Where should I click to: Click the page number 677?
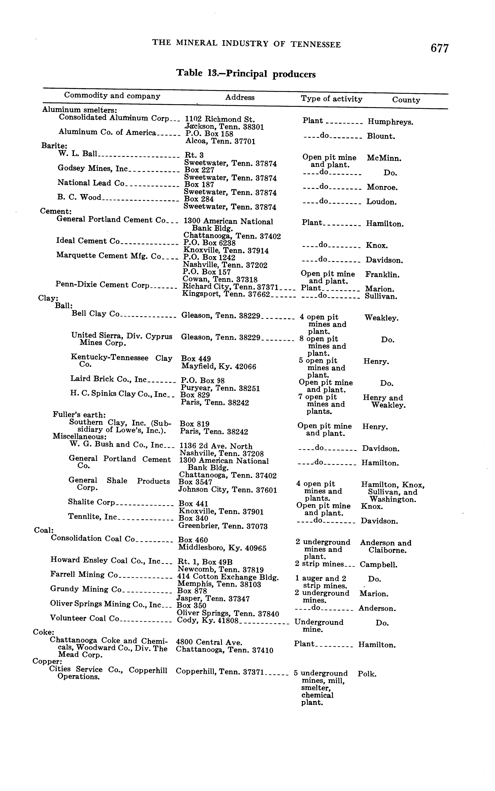click(x=439, y=48)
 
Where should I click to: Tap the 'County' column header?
click(x=406, y=100)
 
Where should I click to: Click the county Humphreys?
click(x=390, y=122)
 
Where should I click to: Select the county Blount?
click(x=381, y=136)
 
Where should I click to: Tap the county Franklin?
click(x=382, y=275)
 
